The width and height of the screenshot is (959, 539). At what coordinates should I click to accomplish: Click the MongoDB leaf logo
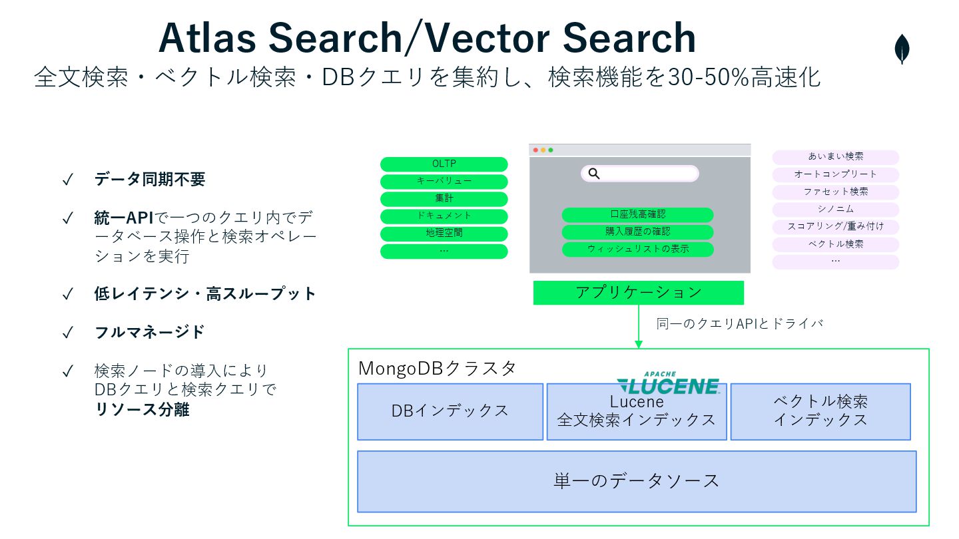point(902,49)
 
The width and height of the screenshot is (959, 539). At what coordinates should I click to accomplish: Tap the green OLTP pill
point(444,164)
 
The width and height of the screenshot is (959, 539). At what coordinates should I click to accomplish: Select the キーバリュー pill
point(444,182)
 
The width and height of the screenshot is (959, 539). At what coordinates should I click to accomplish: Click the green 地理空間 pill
point(444,234)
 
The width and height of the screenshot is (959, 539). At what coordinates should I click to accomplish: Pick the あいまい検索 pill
point(835,157)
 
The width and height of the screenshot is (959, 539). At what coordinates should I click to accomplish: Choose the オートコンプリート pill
point(835,174)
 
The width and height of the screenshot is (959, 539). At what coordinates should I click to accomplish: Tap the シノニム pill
point(835,210)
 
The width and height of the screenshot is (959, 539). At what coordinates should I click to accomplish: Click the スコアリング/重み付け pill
point(835,227)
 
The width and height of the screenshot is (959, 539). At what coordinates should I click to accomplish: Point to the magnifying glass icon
point(594,174)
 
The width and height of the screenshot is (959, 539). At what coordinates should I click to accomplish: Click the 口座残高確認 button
point(637,215)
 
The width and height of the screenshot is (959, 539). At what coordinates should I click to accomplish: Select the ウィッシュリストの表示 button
point(637,250)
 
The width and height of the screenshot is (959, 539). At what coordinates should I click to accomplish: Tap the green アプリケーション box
point(638,293)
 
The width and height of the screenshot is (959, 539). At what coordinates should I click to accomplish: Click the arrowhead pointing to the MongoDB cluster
point(638,344)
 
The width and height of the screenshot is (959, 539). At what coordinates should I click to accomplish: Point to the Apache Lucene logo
point(668,383)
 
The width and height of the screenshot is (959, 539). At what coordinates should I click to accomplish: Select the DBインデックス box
point(450,411)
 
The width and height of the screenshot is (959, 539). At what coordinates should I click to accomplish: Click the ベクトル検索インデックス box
point(820,411)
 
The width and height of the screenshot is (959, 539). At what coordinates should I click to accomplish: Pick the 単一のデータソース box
point(637,481)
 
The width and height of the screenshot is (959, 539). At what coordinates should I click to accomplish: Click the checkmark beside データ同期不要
point(67,180)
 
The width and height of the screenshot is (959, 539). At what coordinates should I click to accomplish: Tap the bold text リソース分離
point(142,410)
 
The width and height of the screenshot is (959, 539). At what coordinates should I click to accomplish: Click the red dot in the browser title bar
point(535,150)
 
